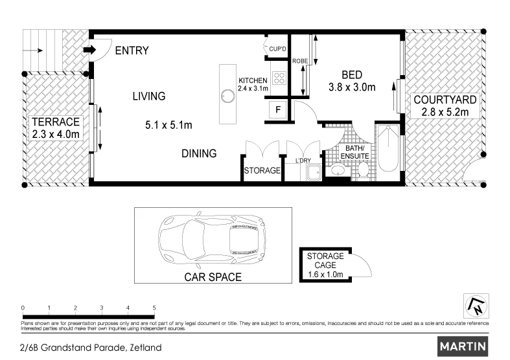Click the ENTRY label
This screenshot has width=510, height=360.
(x=132, y=51)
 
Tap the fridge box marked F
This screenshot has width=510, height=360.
(x=278, y=110)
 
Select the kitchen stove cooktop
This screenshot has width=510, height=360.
(x=280, y=78)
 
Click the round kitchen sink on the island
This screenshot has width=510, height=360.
(x=227, y=96)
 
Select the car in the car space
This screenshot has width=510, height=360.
(x=209, y=240)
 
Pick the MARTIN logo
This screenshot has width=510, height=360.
(x=463, y=346)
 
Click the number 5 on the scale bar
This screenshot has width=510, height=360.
(x=154, y=308)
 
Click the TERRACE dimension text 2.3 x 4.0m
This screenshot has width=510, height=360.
(x=56, y=134)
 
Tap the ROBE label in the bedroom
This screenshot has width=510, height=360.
(x=299, y=61)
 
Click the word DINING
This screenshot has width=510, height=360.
(x=198, y=153)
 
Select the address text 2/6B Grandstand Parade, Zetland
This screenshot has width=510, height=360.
(x=91, y=347)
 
